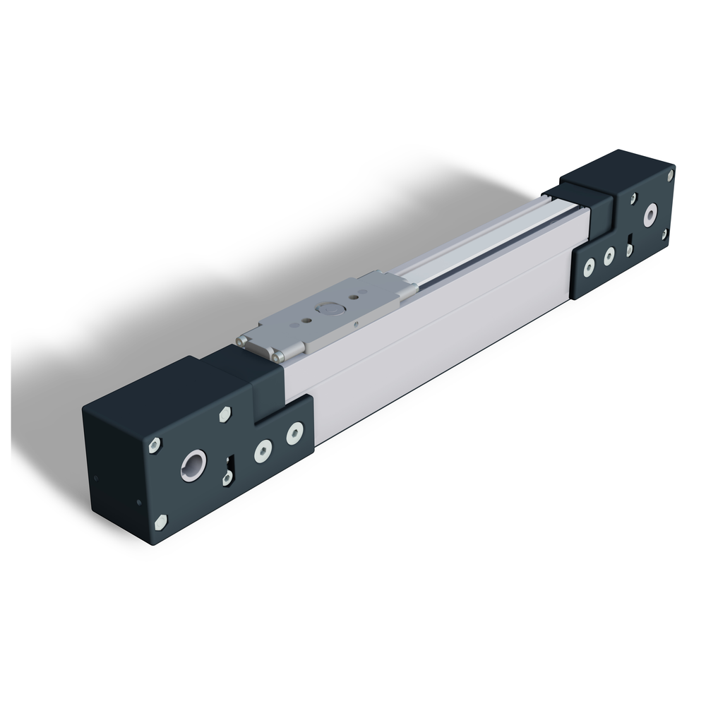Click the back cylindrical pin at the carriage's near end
click(x=240, y=340)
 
